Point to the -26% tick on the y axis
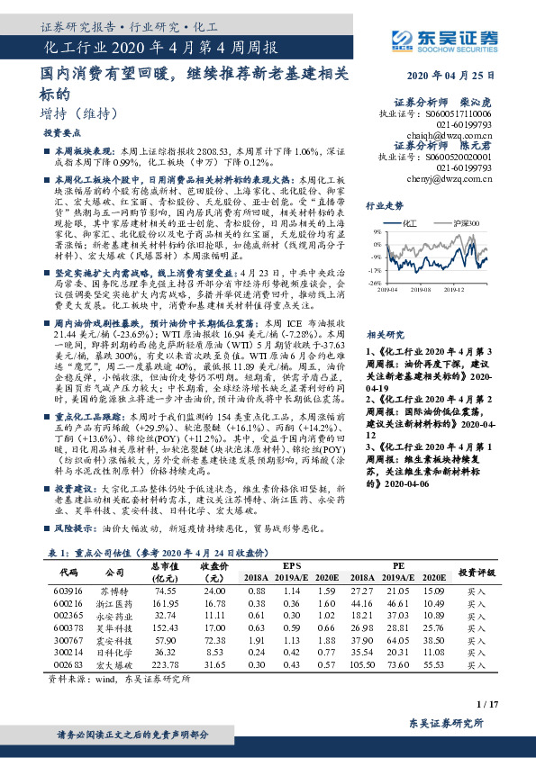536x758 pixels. coord(371,283)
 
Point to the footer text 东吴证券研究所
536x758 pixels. coord(452,723)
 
